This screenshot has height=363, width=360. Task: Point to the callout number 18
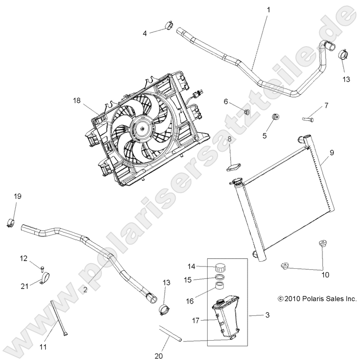(x=77, y=100)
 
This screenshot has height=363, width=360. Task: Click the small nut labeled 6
(x=247, y=112)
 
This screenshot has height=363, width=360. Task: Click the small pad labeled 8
(x=233, y=167)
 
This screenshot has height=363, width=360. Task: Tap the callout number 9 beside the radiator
(x=331, y=153)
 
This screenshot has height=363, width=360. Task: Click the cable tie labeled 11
(x=58, y=316)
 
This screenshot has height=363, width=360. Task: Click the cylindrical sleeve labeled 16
(x=220, y=287)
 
